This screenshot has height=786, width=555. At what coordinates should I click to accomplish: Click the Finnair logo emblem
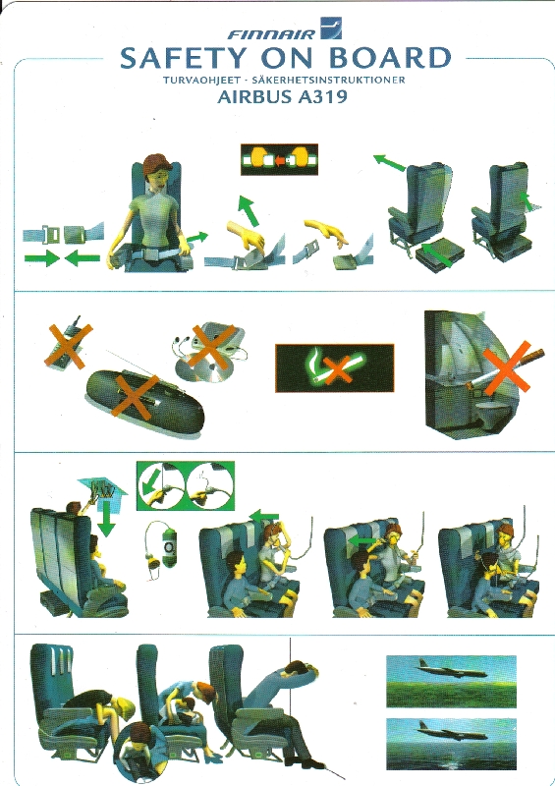pos(331,28)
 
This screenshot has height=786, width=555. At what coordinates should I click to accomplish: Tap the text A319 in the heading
pos(322,95)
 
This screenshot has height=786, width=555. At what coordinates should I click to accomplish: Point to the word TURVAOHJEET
pos(201,81)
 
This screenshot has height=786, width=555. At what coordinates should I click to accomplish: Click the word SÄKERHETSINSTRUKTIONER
pos(329,81)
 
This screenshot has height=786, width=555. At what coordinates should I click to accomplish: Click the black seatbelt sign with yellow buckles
pos(279,159)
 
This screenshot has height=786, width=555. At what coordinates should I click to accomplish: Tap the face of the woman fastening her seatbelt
pos(155,176)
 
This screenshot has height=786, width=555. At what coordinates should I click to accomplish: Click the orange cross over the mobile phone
pos(69,346)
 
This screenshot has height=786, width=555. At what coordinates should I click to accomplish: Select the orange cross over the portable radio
pos(136,396)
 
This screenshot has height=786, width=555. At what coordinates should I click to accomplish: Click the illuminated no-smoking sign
pos(334,367)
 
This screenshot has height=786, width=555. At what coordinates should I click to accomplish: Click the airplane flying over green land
pos(451,667)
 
